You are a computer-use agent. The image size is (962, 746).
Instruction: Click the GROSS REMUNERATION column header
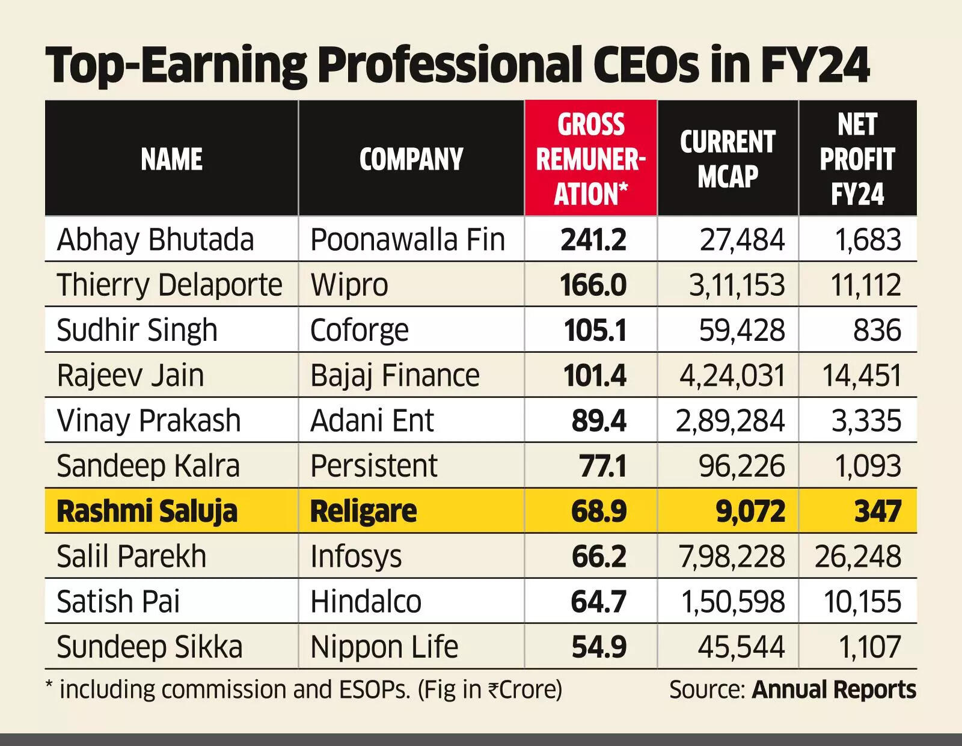pyautogui.click(x=590, y=159)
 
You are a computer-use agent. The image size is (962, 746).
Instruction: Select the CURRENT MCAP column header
pyautogui.click(x=728, y=159)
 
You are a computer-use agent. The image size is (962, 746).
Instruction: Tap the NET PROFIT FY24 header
pyautogui.click(x=857, y=159)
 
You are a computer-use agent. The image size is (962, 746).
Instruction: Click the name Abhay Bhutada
pyautogui.click(x=155, y=240)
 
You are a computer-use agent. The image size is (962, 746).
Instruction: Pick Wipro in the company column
pyautogui.click(x=349, y=285)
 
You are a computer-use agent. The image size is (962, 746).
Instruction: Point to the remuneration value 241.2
pyautogui.click(x=593, y=240)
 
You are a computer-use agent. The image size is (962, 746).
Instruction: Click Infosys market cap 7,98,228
pyautogui.click(x=732, y=556)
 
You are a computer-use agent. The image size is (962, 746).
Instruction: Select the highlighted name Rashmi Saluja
pyautogui.click(x=147, y=511)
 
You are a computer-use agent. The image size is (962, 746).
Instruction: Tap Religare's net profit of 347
pyautogui.click(x=877, y=511)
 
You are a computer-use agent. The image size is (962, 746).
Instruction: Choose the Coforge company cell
pyautogui.click(x=359, y=330)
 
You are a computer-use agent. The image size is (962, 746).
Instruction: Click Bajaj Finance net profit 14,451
pyautogui.click(x=861, y=376)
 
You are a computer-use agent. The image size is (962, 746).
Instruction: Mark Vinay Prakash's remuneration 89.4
pyautogui.click(x=598, y=421)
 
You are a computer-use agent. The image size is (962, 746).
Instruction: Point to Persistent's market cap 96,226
pyautogui.click(x=741, y=466)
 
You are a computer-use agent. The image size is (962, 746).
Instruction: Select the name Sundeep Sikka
pyautogui.click(x=149, y=647)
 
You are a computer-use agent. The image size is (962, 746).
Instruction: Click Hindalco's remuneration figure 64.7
pyautogui.click(x=598, y=602)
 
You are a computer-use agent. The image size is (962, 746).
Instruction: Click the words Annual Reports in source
pyautogui.click(x=834, y=689)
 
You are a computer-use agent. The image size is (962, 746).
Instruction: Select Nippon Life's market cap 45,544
pyautogui.click(x=741, y=647)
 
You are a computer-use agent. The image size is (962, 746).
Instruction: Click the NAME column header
pyautogui.click(x=171, y=159)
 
